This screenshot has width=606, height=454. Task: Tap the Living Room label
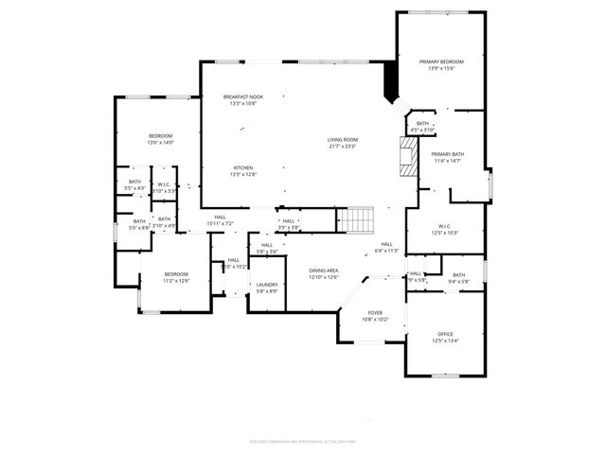(x=343, y=143)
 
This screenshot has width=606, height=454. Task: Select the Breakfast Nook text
(x=242, y=100)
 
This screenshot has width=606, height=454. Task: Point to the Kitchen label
(x=243, y=170)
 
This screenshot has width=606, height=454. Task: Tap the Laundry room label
(x=266, y=288)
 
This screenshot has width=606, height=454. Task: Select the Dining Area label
(x=324, y=273)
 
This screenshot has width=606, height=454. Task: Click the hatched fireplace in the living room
(x=407, y=156)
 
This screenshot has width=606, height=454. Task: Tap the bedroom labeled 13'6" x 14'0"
(x=160, y=139)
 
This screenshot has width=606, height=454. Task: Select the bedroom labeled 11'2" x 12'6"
(x=177, y=277)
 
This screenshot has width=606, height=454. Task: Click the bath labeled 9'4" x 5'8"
(x=458, y=277)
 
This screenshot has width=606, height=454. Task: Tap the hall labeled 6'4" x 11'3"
(x=386, y=247)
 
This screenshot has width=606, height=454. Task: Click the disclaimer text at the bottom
(x=302, y=441)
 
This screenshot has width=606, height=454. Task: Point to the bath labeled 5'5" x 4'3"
(x=134, y=184)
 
